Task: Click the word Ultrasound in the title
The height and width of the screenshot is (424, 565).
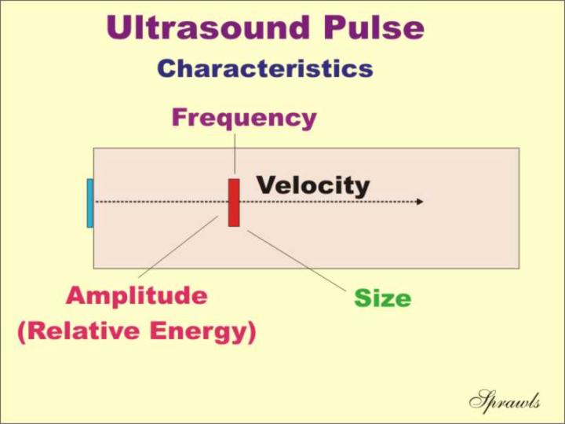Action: coord(208,27)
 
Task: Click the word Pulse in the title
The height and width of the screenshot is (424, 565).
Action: coord(374,27)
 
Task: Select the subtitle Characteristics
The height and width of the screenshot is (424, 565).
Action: coord(265,68)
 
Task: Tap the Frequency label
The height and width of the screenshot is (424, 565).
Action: coord(244,119)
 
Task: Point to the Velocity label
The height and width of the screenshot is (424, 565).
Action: coord(313,186)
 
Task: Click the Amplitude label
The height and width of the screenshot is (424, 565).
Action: coord(137,296)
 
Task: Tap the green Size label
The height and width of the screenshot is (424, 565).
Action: coord(383,298)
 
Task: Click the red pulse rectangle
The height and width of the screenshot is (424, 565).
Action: coord(234,203)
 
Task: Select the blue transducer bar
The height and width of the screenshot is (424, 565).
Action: coord(90,203)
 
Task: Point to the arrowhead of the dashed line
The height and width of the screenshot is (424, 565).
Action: coord(420,202)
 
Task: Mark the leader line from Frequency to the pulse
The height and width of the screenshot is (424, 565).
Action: coord(235,154)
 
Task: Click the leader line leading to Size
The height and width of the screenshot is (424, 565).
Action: coord(297,261)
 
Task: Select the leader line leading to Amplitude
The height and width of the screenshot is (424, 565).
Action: coord(178,247)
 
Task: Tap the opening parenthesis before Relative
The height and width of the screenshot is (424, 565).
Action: coord(22,332)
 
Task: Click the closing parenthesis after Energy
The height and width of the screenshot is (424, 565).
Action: coord(252,332)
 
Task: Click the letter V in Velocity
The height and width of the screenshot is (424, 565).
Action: coord(267,185)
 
